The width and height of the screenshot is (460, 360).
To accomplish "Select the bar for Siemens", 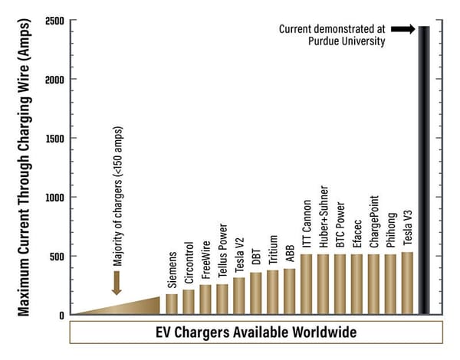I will pyautogui.click(x=172, y=304).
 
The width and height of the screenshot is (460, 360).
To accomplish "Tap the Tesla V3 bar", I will pyautogui.click(x=407, y=283).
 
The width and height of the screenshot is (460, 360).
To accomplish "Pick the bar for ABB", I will pyautogui.click(x=290, y=292).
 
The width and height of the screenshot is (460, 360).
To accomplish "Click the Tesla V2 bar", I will pyautogui.click(x=239, y=296).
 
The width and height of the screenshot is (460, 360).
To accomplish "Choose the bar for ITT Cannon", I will pyautogui.click(x=307, y=284).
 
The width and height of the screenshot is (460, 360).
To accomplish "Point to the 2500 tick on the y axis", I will pyautogui.click(x=54, y=20).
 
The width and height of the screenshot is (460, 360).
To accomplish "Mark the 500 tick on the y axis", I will pyautogui.click(x=54, y=256).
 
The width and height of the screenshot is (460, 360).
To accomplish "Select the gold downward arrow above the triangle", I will pyautogui.click(x=116, y=283).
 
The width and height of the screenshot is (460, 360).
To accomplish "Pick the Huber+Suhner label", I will pyautogui.click(x=324, y=222).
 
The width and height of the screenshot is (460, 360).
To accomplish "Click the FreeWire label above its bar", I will pyautogui.click(x=205, y=261).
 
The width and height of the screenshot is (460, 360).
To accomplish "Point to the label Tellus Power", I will pyautogui.click(x=222, y=253).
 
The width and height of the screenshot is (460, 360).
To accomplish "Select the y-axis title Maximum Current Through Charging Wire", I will pyautogui.click(x=25, y=167).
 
